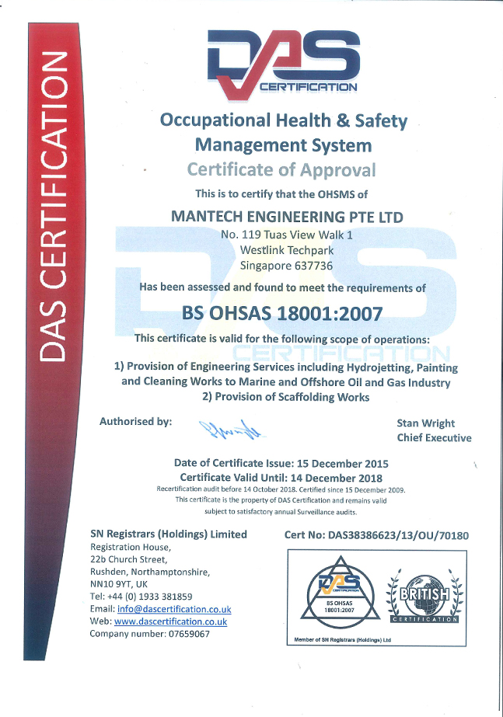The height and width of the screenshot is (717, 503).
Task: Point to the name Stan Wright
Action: pyautogui.click(x=426, y=423)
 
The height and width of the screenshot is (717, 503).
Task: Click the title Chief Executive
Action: pyautogui.click(x=434, y=437)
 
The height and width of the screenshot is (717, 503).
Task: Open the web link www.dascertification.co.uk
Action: pyautogui.click(x=170, y=621)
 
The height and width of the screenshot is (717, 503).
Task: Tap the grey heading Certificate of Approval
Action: pyautogui.click(x=281, y=169)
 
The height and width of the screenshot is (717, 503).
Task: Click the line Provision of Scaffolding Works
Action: pyautogui.click(x=285, y=397)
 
